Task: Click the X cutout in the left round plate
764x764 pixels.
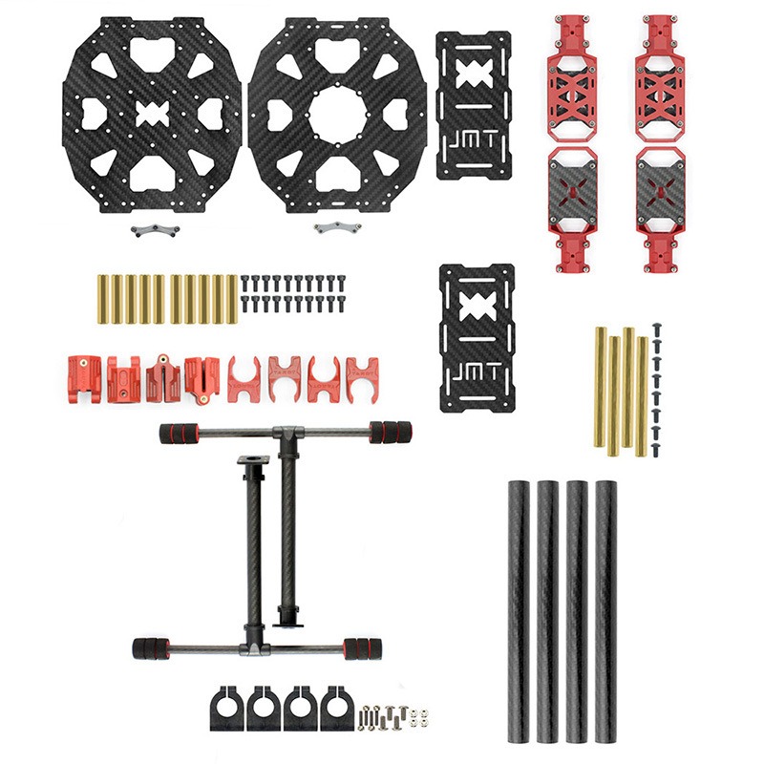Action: (153, 115)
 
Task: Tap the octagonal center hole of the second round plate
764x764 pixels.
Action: (337, 115)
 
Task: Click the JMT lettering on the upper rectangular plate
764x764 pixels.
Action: (474, 141)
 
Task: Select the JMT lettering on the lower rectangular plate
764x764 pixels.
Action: (477, 373)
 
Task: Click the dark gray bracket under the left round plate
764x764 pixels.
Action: (155, 230)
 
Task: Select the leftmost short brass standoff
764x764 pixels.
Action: (103, 299)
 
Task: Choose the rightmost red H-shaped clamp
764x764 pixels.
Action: (362, 379)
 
